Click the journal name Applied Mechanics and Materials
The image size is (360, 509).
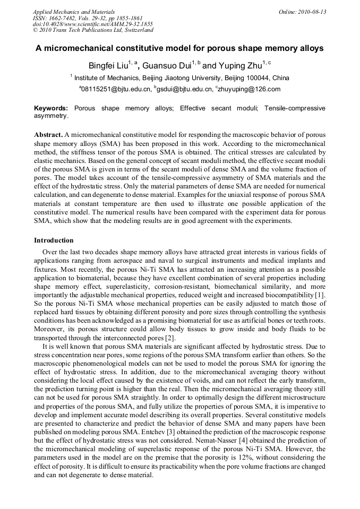point(74,12)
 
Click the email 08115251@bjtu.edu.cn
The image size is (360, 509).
point(115,89)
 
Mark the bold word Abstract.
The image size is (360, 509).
point(48,135)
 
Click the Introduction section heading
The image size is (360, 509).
point(54,240)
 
